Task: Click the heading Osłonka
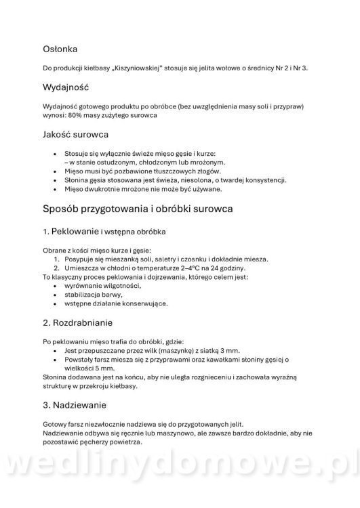click(60, 49)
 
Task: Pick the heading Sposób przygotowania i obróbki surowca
click(138, 209)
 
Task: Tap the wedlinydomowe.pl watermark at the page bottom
click(180, 478)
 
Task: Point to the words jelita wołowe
click(214, 68)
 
